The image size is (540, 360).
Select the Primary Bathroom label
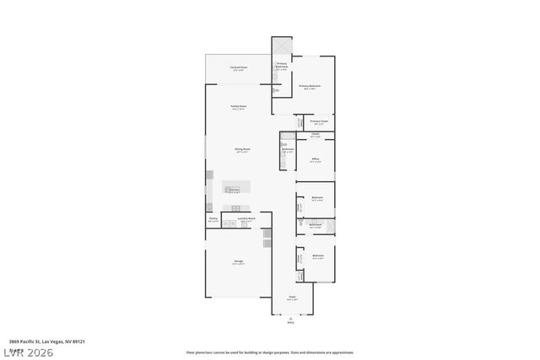click(283, 64)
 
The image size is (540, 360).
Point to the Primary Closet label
click(319, 121)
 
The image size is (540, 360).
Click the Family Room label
click(239, 106)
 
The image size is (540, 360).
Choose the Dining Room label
click(242, 149)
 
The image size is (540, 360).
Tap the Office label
click(315, 158)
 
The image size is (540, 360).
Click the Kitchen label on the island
click(235, 190)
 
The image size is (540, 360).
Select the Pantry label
click(213, 218)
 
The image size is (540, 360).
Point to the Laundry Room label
click(246, 218)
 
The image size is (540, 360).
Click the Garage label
click(239, 261)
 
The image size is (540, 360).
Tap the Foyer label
click(292, 297)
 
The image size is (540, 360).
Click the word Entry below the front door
click(291, 322)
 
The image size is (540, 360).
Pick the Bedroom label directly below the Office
click(316, 199)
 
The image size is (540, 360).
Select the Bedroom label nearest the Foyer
click(318, 255)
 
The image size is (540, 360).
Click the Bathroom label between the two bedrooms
click(315, 224)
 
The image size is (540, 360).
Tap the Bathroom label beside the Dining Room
click(288, 149)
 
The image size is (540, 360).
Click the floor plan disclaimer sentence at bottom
click(270, 352)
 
